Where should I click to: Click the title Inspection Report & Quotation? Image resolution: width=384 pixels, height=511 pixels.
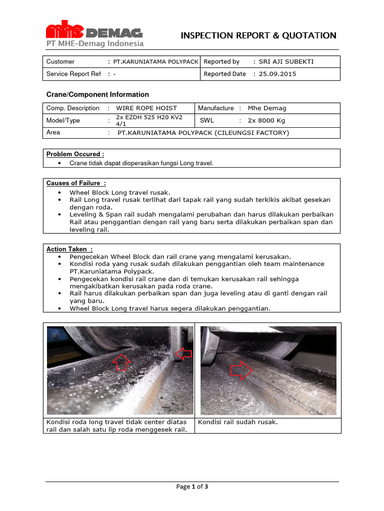pos(258,35)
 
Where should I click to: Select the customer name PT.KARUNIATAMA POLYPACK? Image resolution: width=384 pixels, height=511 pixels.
pos(156,62)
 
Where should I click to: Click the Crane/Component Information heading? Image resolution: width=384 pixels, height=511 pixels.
pos(97,94)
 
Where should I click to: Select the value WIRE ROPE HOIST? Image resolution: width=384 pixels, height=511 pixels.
pos(146,108)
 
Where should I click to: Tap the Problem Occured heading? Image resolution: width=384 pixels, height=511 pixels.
pos(75,154)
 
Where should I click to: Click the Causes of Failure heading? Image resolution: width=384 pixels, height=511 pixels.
pos(76,183)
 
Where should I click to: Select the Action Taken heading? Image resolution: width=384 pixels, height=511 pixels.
pos(69,249)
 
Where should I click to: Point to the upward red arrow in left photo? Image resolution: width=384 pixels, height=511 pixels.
pos(122,362)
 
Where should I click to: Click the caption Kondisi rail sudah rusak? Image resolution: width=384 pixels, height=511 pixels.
pos(238,422)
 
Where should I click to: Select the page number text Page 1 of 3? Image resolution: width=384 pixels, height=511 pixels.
pos(192,487)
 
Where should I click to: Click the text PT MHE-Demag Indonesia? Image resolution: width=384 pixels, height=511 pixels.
pos(95,43)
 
